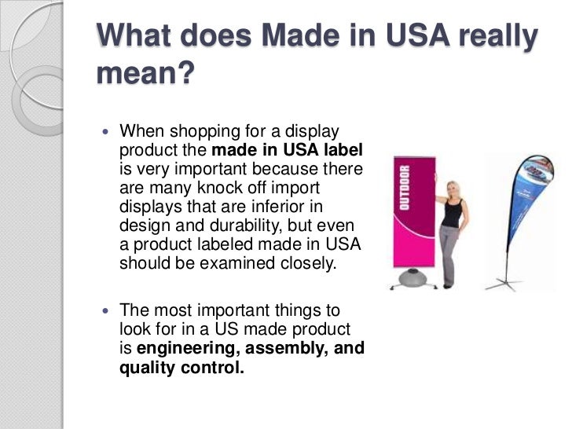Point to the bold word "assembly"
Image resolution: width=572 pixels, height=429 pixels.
click(292, 348)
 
